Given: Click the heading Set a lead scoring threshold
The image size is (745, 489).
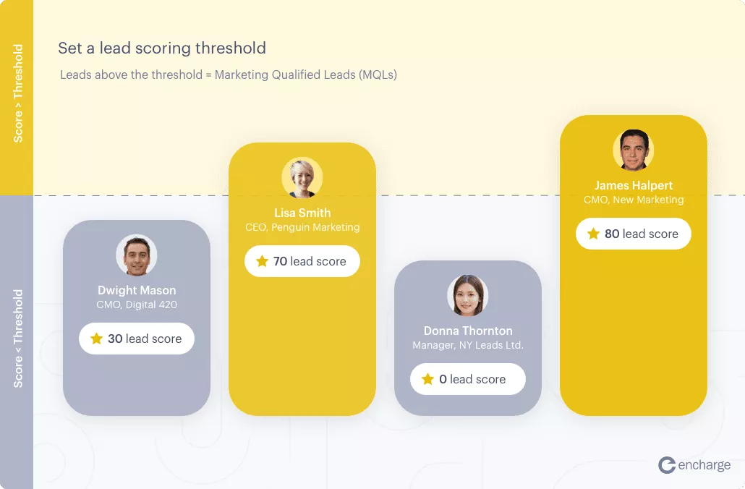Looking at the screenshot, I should click(162, 48).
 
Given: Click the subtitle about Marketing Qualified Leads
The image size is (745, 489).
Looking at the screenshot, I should click(229, 75).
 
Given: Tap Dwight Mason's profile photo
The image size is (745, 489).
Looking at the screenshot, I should click(137, 255).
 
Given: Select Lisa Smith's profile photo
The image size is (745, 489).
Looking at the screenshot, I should click(302, 178).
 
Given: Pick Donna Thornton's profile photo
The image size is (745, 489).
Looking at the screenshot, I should click(467, 295).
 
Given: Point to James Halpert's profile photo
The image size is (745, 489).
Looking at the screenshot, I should click(634, 150).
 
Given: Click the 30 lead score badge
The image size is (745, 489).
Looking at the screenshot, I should click(137, 339).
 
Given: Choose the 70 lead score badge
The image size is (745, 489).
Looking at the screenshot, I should click(302, 261).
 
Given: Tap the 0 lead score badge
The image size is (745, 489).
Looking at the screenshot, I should click(467, 379).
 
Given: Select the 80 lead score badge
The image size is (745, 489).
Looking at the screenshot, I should click(634, 234).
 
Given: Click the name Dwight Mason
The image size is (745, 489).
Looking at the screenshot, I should click(137, 291).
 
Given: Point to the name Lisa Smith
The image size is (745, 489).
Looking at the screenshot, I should click(302, 213).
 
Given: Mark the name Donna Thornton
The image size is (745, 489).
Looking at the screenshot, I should click(468, 331).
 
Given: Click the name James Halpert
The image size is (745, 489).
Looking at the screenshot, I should click(634, 185).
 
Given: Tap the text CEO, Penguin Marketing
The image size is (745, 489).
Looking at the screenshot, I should click(302, 227).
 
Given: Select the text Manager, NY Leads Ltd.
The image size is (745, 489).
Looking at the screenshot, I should click(468, 345).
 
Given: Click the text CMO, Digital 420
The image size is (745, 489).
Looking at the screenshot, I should click(137, 305).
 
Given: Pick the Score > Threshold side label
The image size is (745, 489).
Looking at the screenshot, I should click(18, 94).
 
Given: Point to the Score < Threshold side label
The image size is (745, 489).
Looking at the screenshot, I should click(18, 338).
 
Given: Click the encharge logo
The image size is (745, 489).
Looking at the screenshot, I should click(694, 465).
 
